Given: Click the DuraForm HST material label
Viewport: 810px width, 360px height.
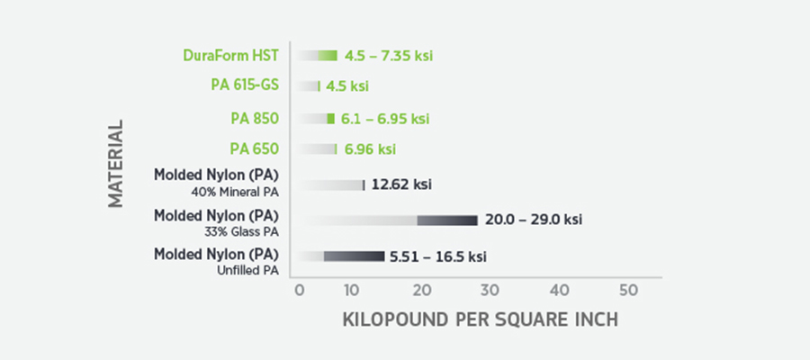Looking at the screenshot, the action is pos(231,55).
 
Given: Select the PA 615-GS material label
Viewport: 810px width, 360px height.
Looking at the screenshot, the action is pos(245,85).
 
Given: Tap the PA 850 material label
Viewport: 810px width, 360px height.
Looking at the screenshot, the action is pos(255,119).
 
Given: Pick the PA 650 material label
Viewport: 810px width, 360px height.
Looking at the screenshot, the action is pos(255,149).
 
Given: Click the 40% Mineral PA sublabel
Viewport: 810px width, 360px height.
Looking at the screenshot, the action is pos(235,193).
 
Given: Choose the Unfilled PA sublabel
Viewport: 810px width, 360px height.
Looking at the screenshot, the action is pos(248,270).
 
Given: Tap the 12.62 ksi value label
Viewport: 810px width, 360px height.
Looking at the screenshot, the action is pos(401,184).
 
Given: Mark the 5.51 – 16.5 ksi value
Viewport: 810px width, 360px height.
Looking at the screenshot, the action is pos(438,256).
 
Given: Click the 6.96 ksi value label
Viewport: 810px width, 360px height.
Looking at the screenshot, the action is pos(371,149).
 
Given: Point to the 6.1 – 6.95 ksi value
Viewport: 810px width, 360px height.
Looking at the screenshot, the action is pos(385,120).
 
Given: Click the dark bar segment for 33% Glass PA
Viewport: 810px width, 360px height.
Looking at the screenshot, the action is pos(447,220).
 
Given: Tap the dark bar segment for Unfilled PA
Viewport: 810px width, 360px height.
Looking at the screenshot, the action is pos(355,256).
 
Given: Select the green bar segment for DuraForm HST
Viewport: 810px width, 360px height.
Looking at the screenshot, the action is pos(328,56).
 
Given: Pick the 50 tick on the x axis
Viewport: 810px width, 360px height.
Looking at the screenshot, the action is pos(629,291).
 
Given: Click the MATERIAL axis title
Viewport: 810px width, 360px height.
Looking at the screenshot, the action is pos(116,164).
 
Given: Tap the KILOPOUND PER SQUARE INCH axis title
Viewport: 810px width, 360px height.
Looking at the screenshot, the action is pos(481,319).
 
